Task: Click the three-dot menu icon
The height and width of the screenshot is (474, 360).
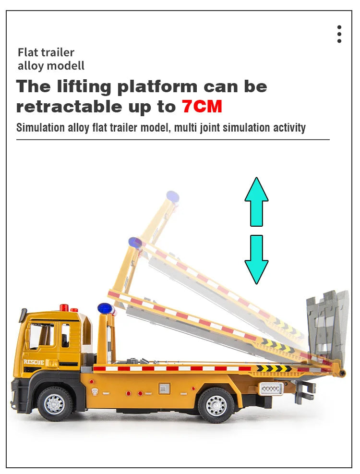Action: click(339, 34)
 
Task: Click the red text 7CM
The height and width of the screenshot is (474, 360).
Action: click(202, 107)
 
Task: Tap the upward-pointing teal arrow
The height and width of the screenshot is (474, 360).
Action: click(256, 202)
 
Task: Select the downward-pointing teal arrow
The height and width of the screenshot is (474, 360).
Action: click(256, 259)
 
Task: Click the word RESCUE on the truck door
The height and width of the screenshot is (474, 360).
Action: click(34, 362)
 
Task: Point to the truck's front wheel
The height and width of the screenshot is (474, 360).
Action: click(54, 403)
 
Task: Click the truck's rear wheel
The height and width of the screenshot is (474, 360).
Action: click(216, 405)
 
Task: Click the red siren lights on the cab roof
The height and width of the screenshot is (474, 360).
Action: click(69, 308)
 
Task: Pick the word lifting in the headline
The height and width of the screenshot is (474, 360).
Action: click(84, 87)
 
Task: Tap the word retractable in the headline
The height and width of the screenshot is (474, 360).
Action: click(69, 107)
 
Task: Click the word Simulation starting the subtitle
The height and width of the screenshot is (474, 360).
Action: click(40, 128)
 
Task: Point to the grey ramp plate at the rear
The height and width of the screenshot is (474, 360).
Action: click(328, 324)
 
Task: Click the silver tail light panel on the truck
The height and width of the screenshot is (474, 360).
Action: click(271, 389)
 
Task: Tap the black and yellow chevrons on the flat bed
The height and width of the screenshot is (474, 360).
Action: click(274, 368)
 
